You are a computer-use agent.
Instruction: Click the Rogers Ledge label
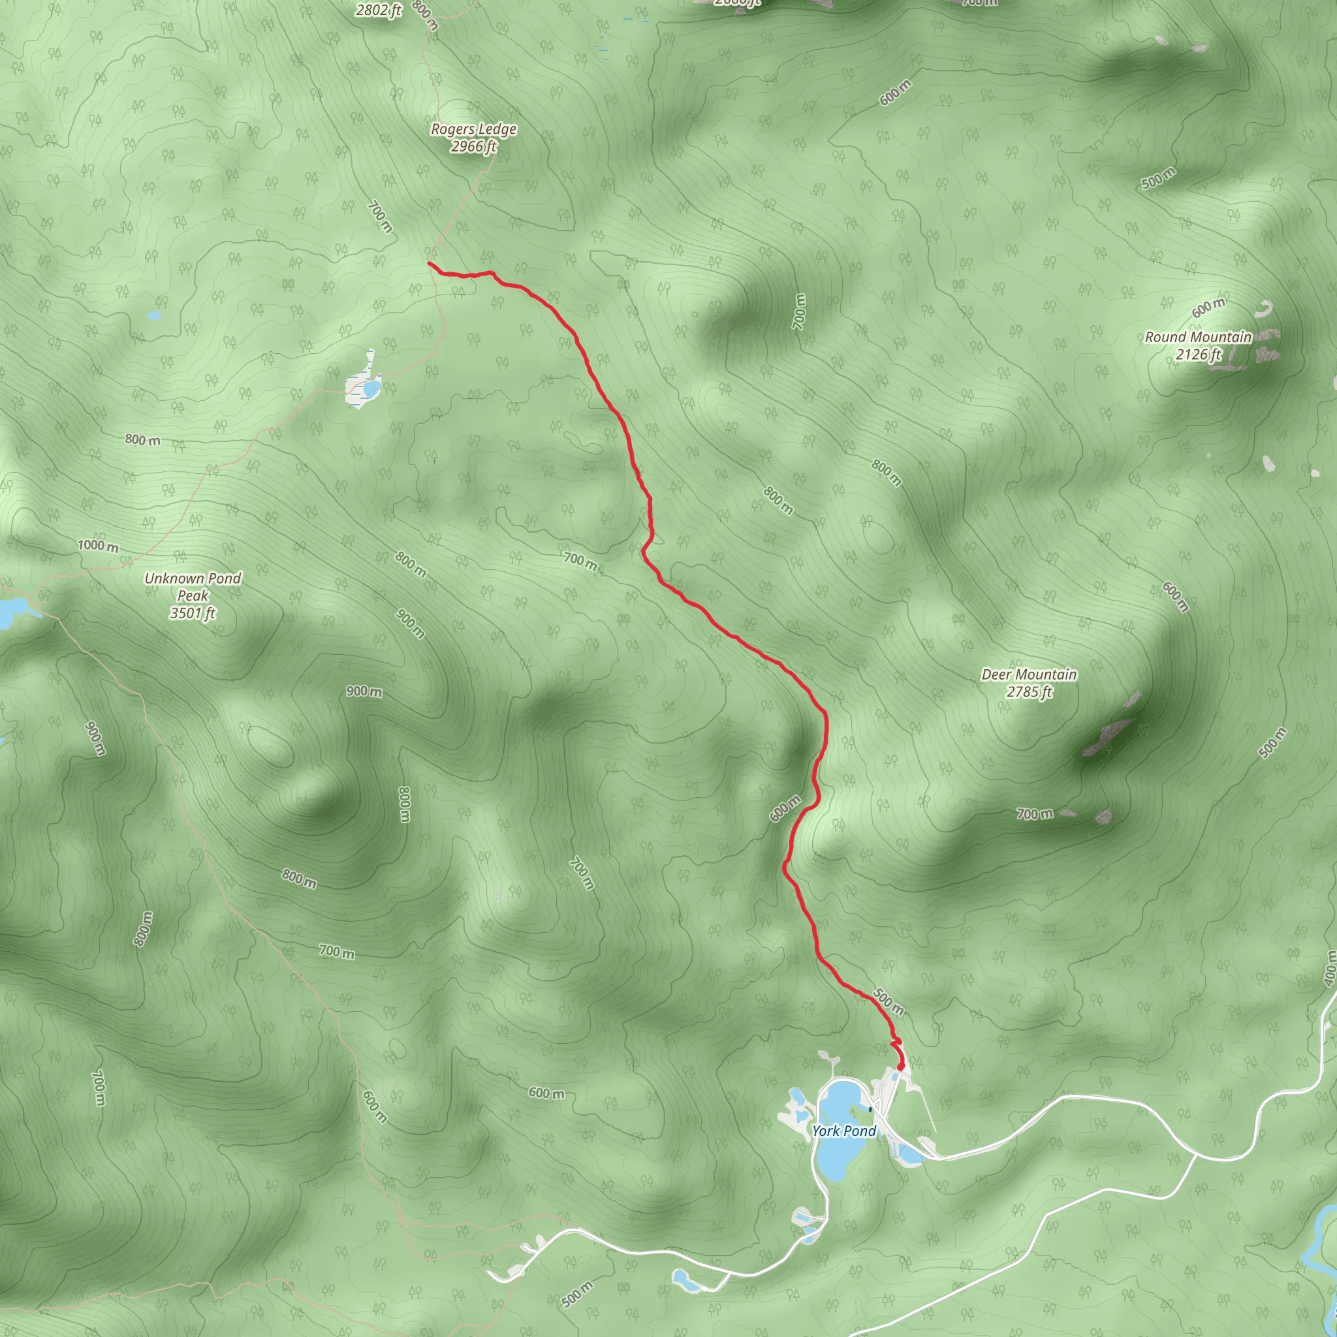tap(473, 129)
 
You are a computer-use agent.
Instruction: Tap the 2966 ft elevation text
tap(473, 147)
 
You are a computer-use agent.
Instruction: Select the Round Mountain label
tap(1198, 338)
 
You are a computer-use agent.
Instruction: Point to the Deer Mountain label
tap(1029, 675)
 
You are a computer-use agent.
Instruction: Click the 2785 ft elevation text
tap(1029, 692)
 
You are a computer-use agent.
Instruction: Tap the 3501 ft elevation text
tap(193, 613)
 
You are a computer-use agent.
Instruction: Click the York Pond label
tap(843, 1131)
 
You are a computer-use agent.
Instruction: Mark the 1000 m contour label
tap(97, 546)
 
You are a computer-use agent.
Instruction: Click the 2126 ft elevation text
tap(1198, 355)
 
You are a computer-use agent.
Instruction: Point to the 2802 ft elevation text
tap(379, 10)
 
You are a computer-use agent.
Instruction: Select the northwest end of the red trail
tap(430, 264)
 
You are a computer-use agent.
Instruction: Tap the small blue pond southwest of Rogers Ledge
tap(371, 387)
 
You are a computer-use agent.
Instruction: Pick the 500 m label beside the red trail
tap(889, 1001)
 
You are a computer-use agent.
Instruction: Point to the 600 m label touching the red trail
tap(785, 808)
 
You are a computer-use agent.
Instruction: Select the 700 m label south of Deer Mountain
tap(1035, 815)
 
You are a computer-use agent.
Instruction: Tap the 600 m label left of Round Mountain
tap(1208, 308)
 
